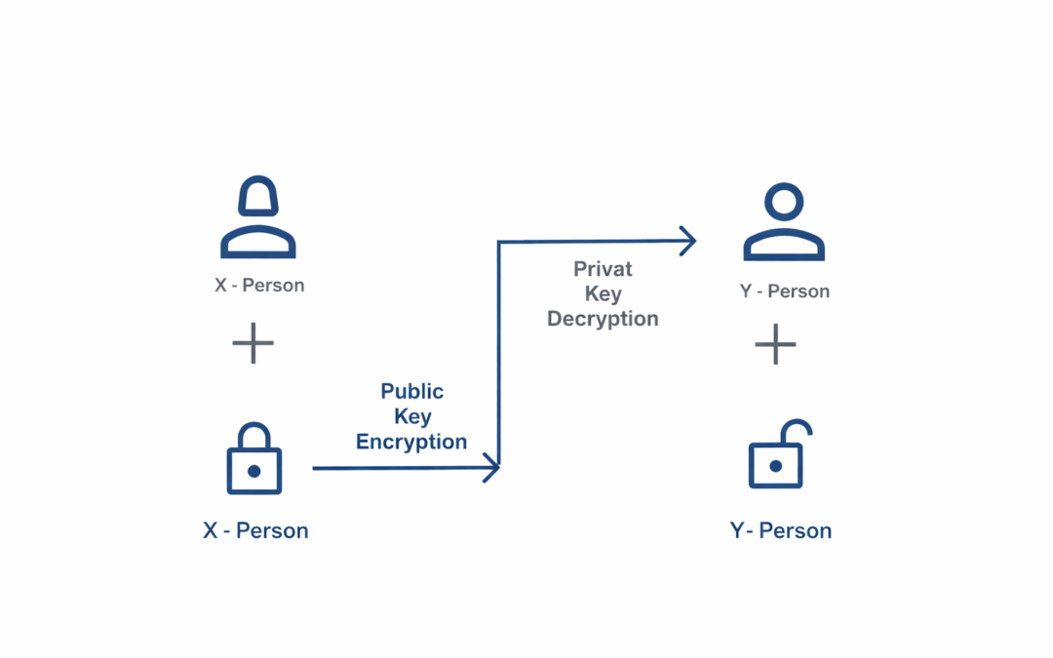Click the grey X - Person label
[x=259, y=286]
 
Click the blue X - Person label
[x=255, y=531]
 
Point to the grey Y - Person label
[x=785, y=291]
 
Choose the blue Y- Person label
[x=781, y=531]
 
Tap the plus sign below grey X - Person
[x=253, y=343]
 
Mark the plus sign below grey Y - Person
[x=776, y=344]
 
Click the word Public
[x=411, y=392]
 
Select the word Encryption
[x=411, y=442]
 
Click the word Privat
[x=603, y=269]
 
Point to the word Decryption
[x=603, y=319]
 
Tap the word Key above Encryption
[x=412, y=417]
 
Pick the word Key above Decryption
[x=603, y=294]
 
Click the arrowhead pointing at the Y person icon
[x=688, y=240]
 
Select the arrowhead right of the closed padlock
[x=491, y=468]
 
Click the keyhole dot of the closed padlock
[x=253, y=471]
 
